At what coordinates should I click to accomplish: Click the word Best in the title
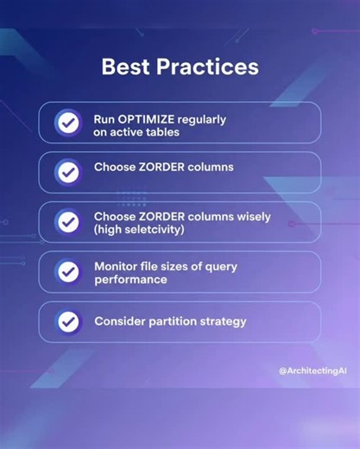pos(127,66)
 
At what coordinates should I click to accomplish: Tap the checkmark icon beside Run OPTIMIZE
pos(66,123)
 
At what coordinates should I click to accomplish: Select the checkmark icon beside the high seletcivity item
pos(66,222)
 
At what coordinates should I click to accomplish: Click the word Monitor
pos(117,266)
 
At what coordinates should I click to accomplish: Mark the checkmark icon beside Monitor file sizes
pos(66,272)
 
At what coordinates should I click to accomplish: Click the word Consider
pos(121,321)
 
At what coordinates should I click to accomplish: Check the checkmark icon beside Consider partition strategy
pos(66,322)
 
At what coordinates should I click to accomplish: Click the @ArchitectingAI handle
pos(313,370)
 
